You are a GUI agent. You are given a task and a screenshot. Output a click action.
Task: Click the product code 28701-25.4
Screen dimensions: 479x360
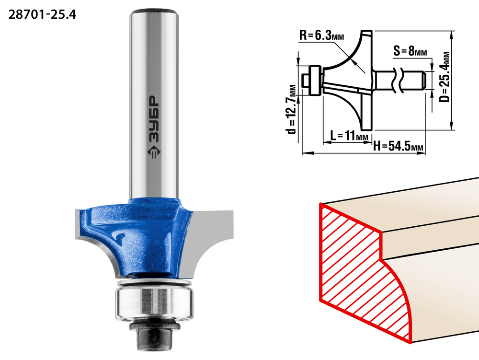click(x=42, y=14)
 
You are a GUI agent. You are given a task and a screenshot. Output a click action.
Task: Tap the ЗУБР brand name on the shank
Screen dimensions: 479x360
click(x=154, y=119)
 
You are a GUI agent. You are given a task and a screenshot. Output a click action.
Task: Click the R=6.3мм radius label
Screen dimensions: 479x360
click(x=321, y=35)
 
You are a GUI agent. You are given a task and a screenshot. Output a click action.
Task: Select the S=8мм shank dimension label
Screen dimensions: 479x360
click(x=410, y=51)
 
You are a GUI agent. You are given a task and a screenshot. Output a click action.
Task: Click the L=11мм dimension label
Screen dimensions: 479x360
click(x=349, y=135)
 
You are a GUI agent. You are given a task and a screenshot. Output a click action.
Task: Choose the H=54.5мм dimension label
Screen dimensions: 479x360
click(x=399, y=146)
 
